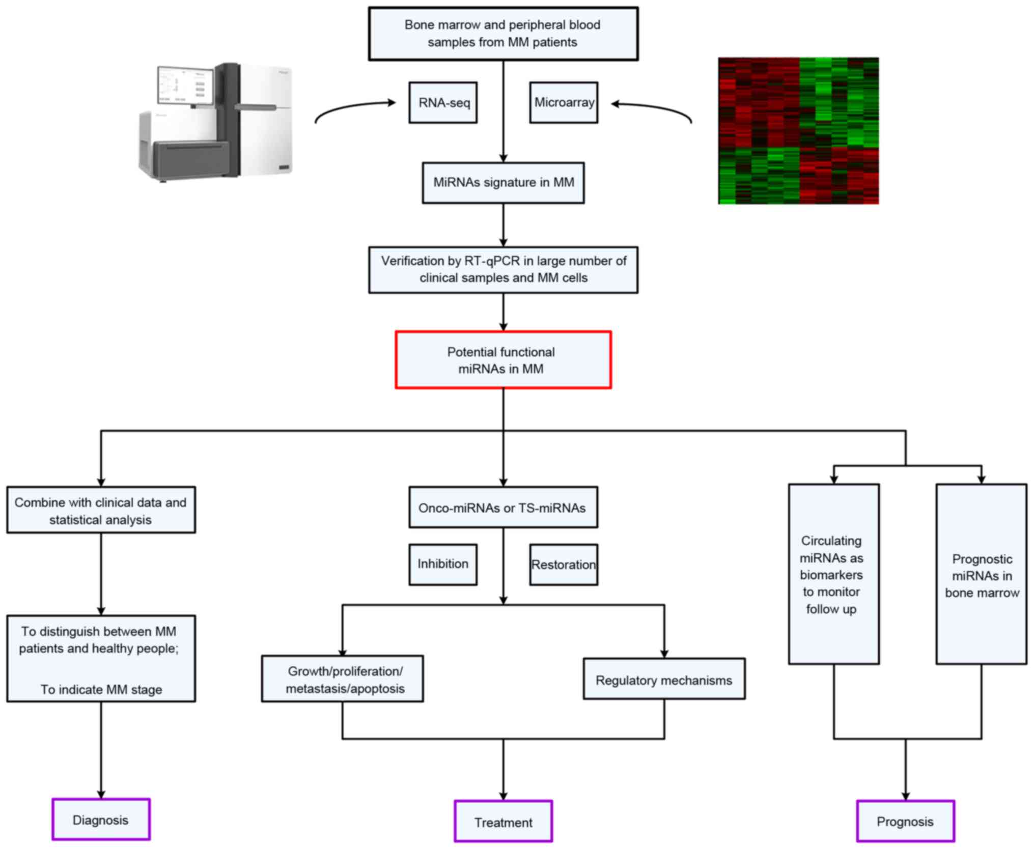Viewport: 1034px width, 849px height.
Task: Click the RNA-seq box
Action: click(x=443, y=103)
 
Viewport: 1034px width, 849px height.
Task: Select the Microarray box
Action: click(x=564, y=103)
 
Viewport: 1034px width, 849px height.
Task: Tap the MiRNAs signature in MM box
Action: click(x=503, y=183)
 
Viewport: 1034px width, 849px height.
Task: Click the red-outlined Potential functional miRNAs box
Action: click(x=503, y=360)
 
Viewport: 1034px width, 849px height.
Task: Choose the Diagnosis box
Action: click(x=101, y=819)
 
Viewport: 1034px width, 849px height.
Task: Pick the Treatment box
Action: click(x=503, y=822)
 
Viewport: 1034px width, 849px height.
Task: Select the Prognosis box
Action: click(x=905, y=821)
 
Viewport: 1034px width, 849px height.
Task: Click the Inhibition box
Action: click(x=443, y=564)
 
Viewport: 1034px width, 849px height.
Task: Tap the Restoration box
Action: click(x=564, y=564)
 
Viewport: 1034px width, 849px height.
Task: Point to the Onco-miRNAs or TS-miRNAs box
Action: click(x=503, y=507)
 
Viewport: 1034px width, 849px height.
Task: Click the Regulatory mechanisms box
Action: click(x=664, y=680)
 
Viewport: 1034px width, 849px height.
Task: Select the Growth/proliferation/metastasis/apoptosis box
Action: click(x=343, y=679)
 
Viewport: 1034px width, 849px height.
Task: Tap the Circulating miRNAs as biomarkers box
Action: click(x=833, y=574)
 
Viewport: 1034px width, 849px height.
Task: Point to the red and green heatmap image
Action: click(x=798, y=131)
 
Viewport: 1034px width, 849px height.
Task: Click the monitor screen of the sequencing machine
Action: click(x=185, y=86)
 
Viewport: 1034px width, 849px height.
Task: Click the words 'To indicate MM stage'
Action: click(x=101, y=690)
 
